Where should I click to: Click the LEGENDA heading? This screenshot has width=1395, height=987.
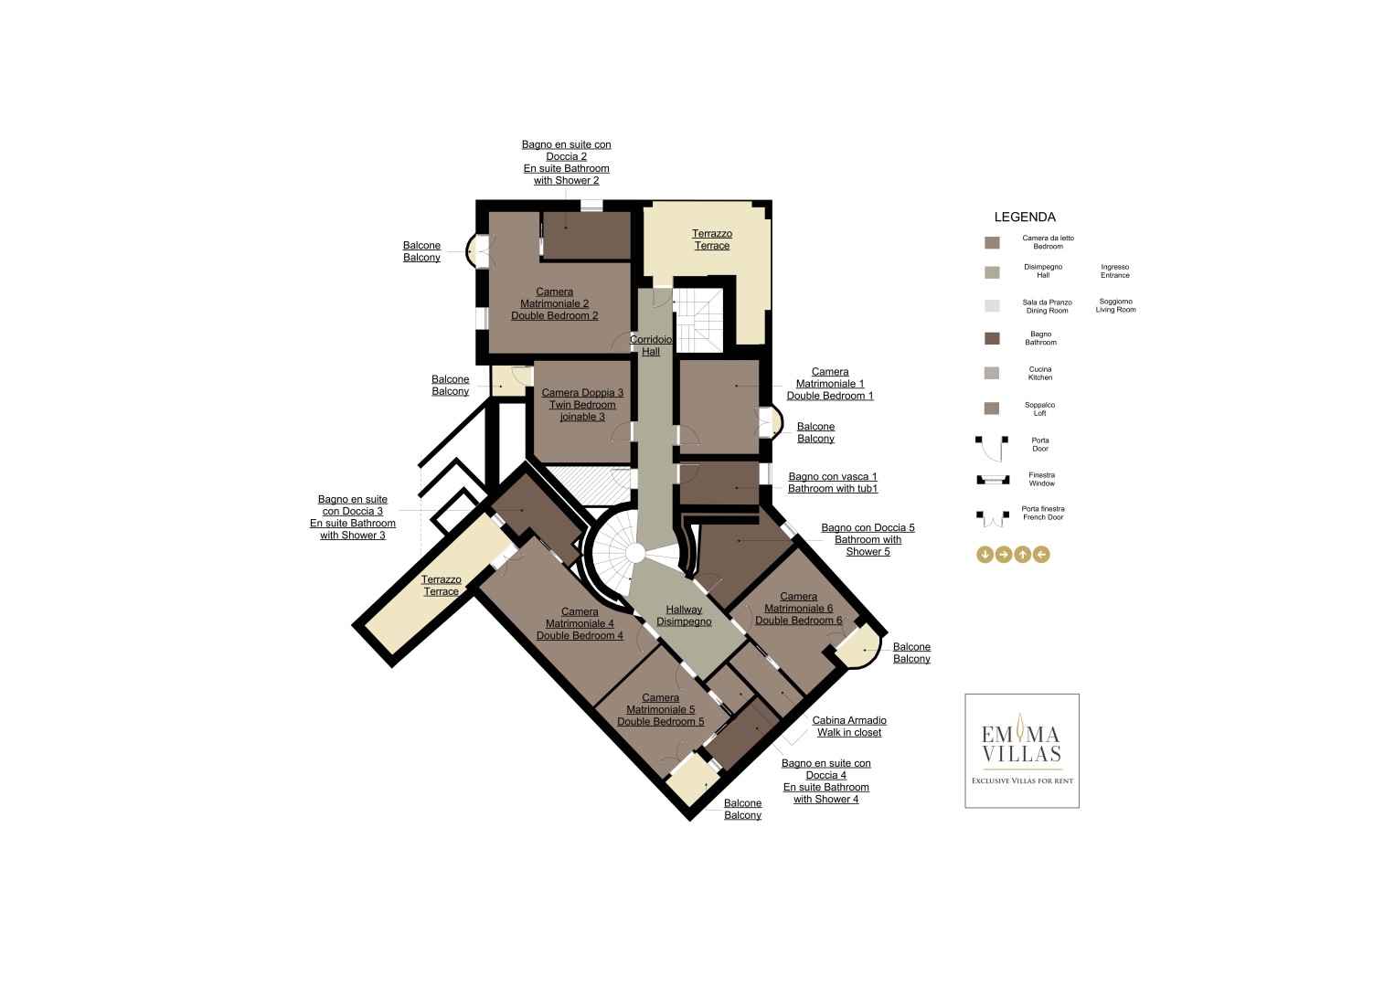pos(1025,218)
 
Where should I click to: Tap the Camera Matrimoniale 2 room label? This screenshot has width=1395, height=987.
pos(554,304)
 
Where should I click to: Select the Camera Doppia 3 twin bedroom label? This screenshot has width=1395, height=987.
pos(582,405)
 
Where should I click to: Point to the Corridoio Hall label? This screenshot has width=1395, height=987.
pos(651,345)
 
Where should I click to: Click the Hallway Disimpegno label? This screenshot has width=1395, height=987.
pos(684,616)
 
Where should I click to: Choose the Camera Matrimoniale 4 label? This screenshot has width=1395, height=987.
pos(580,624)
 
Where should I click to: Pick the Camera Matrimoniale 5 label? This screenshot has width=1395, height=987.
pos(661,710)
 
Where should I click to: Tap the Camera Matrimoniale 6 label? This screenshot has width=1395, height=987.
pos(798,609)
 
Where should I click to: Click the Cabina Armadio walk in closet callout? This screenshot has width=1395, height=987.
pos(849,727)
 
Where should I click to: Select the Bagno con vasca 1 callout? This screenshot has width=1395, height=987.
pos(833,483)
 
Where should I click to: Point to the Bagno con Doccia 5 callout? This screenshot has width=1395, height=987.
pos(868,539)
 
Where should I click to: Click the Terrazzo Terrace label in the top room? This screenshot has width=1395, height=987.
pos(712,239)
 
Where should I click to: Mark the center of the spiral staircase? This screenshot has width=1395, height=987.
pos(634,552)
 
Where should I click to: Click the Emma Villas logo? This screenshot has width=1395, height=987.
pos(1022,751)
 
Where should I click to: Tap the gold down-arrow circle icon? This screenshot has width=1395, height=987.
pos(985,554)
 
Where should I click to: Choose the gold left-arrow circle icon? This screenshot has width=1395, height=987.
pos(1041,554)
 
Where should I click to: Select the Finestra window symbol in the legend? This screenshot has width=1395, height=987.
pos(993,480)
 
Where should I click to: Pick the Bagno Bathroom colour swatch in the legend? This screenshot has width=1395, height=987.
pos(992,339)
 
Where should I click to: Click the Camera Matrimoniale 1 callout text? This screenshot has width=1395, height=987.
pos(830,384)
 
